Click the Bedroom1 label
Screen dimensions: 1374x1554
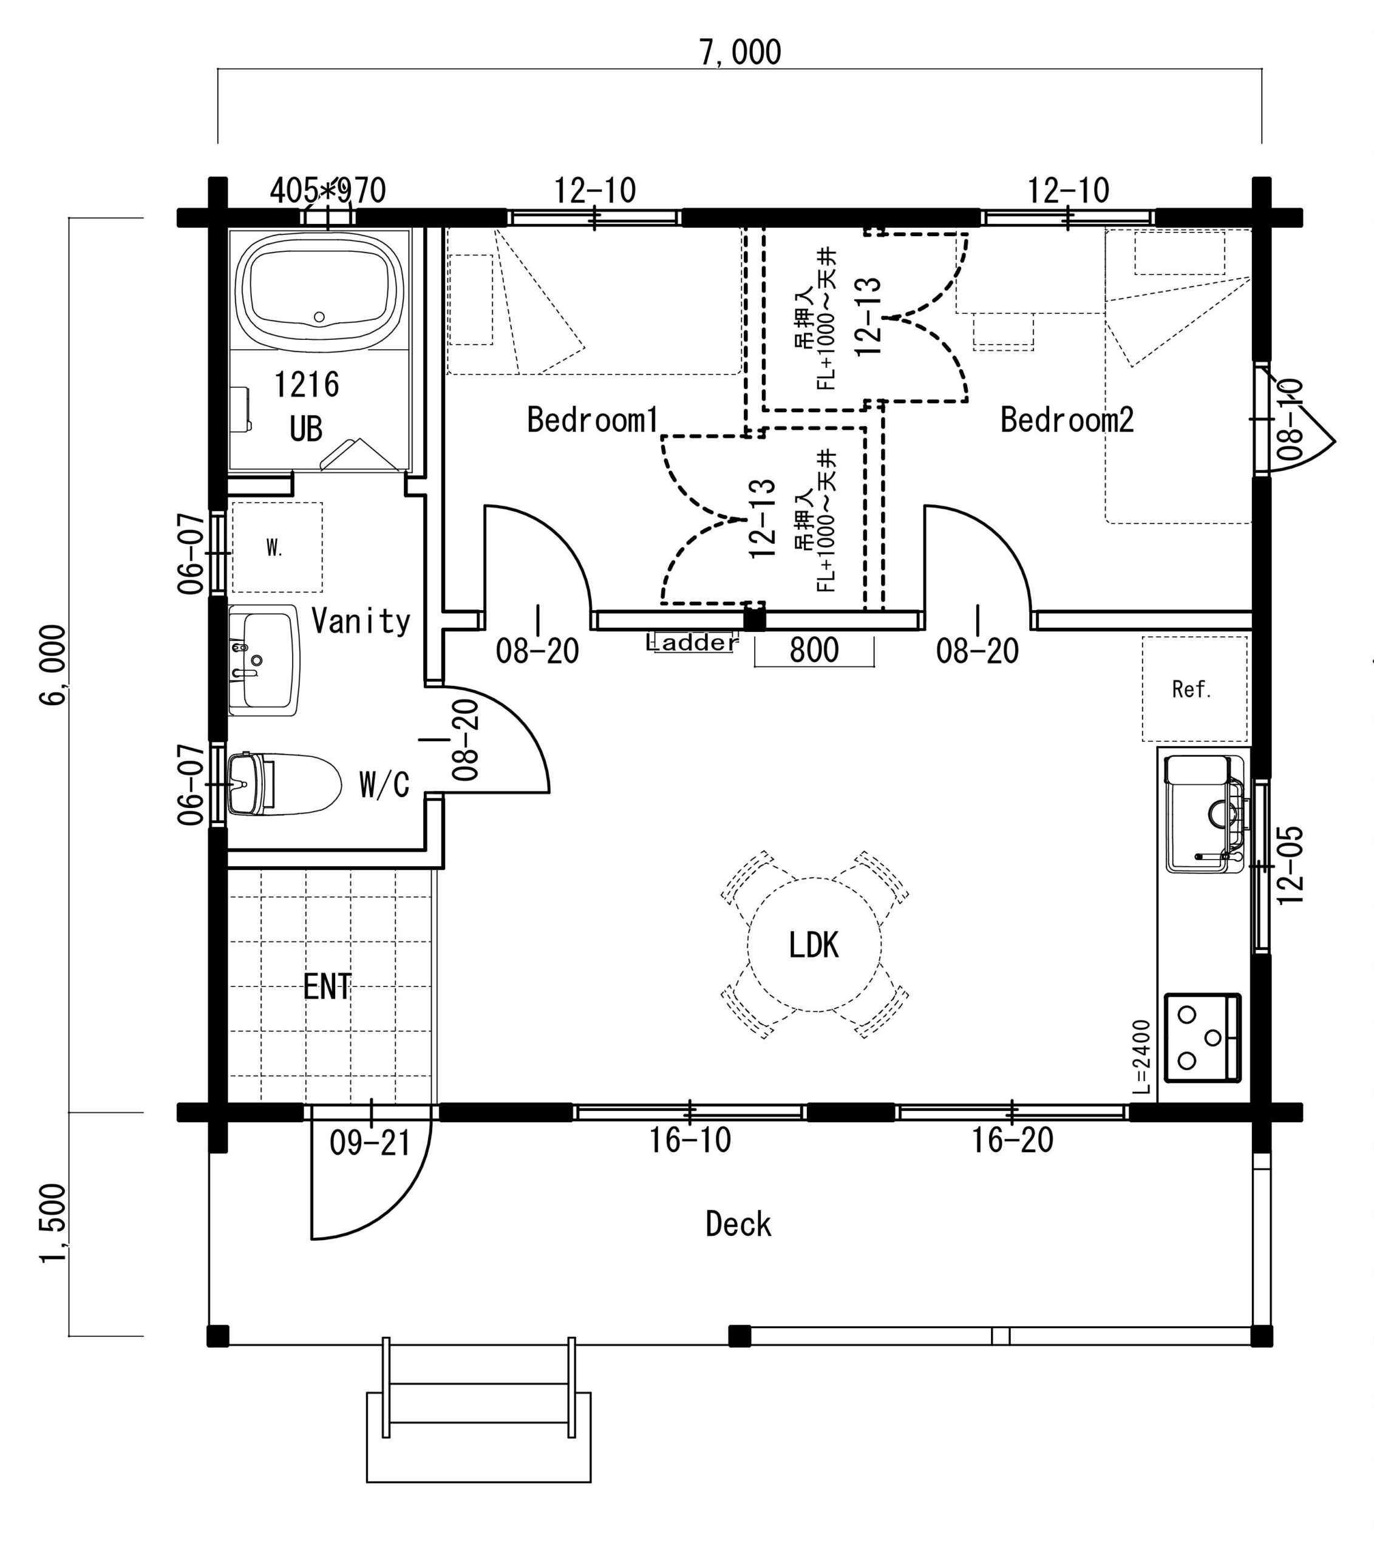(593, 419)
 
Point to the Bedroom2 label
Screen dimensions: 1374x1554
(1067, 419)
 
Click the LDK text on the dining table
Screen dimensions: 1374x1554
(814, 945)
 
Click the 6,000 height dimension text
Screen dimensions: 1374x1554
(53, 665)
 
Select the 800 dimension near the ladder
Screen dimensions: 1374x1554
(814, 650)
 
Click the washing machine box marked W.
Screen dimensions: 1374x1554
(277, 547)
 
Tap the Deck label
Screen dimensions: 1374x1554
(738, 1224)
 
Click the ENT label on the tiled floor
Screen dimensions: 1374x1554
(328, 987)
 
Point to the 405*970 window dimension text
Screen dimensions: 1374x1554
(328, 190)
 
